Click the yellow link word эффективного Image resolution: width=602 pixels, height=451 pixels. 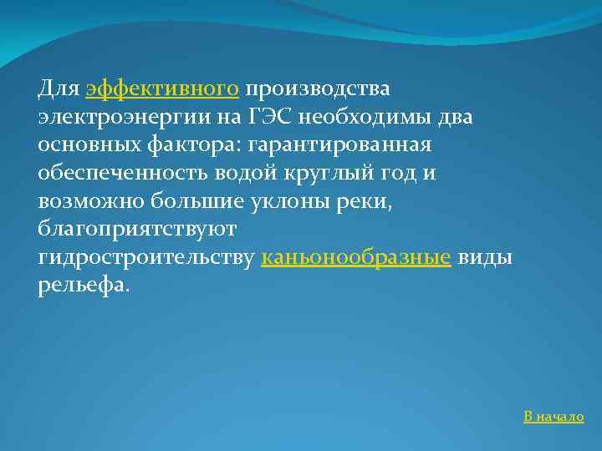click(163, 88)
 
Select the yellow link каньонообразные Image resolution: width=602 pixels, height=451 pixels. click(356, 258)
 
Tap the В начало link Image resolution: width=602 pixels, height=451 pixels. click(554, 417)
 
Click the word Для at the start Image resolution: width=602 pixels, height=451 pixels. click(59, 88)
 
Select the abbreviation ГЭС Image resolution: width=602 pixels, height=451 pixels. click(266, 116)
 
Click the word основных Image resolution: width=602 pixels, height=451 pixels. click(89, 144)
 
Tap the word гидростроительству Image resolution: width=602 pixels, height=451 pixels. click(146, 258)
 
